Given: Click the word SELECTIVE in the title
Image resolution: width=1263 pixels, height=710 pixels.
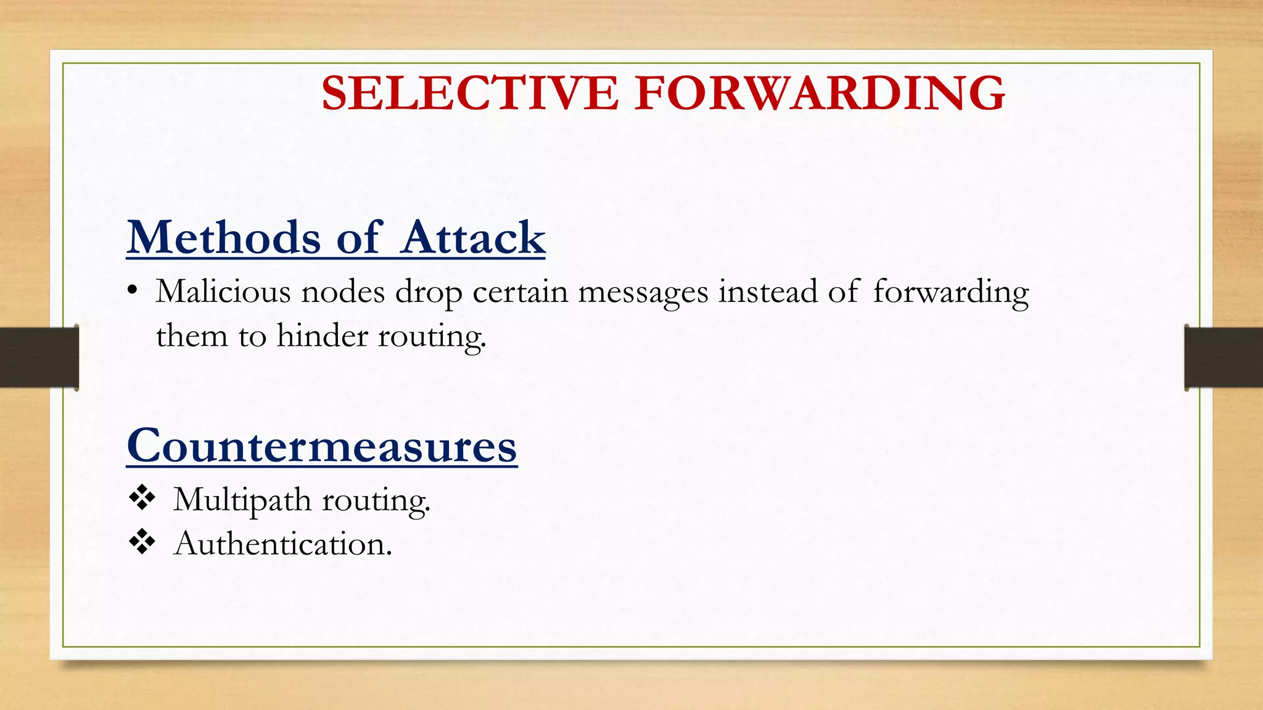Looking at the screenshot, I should coord(469,93).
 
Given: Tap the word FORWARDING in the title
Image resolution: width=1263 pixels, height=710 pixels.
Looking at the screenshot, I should coord(820,93).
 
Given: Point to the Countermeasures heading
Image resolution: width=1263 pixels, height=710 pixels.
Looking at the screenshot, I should coord(322,446).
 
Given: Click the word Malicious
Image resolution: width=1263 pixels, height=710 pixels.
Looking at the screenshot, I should coord(223,292).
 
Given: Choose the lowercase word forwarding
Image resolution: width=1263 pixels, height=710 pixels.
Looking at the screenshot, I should coord(951,293).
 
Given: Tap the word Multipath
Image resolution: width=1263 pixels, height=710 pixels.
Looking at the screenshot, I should coord(242,500).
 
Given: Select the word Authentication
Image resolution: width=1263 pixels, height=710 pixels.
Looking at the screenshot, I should coord(282,544).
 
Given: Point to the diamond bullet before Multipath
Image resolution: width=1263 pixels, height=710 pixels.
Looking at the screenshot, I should coord(142,497).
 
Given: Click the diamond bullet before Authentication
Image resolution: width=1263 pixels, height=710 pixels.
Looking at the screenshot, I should coord(142,542).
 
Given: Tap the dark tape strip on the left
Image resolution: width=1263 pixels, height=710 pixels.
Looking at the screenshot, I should coord(39,357).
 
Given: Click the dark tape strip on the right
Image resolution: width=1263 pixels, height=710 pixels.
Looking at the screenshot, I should coord(1224,357).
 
